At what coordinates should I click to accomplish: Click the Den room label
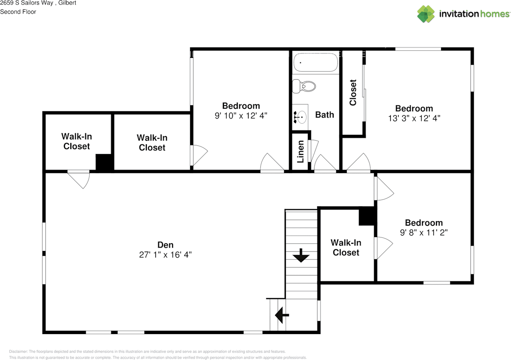pos(165,245)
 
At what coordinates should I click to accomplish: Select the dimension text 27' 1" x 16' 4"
pos(165,255)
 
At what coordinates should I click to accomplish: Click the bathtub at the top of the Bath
pos(316,63)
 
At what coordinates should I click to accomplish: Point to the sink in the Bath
pos(300,117)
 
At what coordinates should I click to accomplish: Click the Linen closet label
pos(301,151)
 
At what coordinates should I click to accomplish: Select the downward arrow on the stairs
pos(301,256)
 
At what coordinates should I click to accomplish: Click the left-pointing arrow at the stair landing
pos(282,315)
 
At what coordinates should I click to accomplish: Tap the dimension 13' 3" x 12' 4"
pos(414,118)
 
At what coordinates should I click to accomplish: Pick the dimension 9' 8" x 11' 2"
pos(424,233)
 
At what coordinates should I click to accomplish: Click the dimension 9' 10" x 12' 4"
pos(241,116)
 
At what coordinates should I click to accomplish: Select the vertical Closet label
pos(353,93)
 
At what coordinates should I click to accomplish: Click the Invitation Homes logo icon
pos(426,14)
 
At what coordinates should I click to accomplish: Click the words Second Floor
pos(18,12)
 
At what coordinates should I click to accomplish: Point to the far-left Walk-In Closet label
pos(77,141)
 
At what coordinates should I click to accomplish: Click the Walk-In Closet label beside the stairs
pos(346,247)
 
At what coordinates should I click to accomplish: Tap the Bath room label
pos(325,115)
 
